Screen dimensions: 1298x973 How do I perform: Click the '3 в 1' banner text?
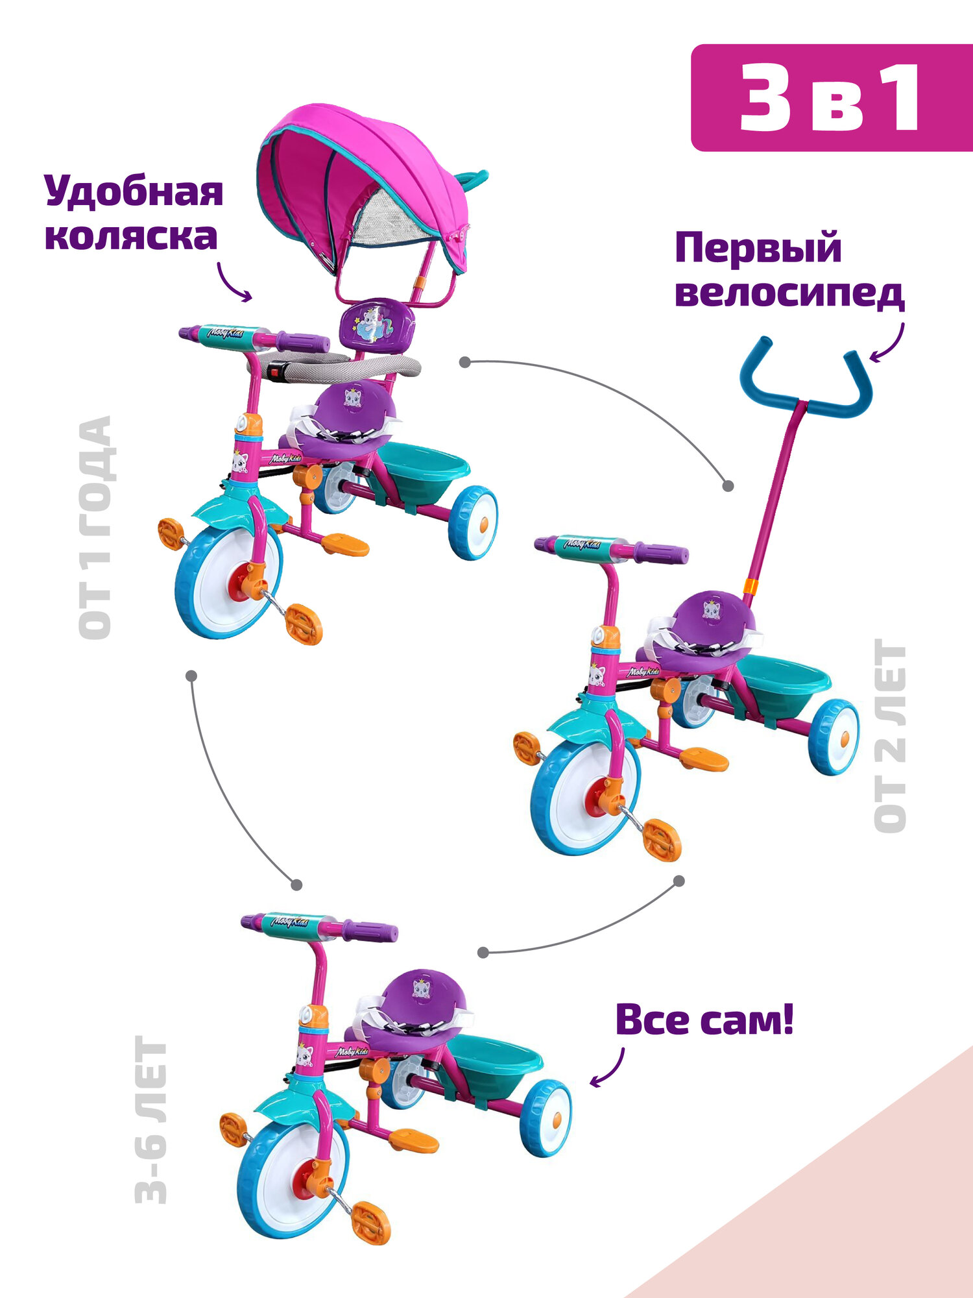[x=830, y=99]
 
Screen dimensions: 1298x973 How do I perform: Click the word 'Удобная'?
[x=134, y=191]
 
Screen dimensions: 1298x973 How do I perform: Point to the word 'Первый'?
[x=758, y=248]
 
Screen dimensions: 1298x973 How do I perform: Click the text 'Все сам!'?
[x=704, y=1019]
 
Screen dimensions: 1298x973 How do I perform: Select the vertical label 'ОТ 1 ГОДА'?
[x=95, y=527]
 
